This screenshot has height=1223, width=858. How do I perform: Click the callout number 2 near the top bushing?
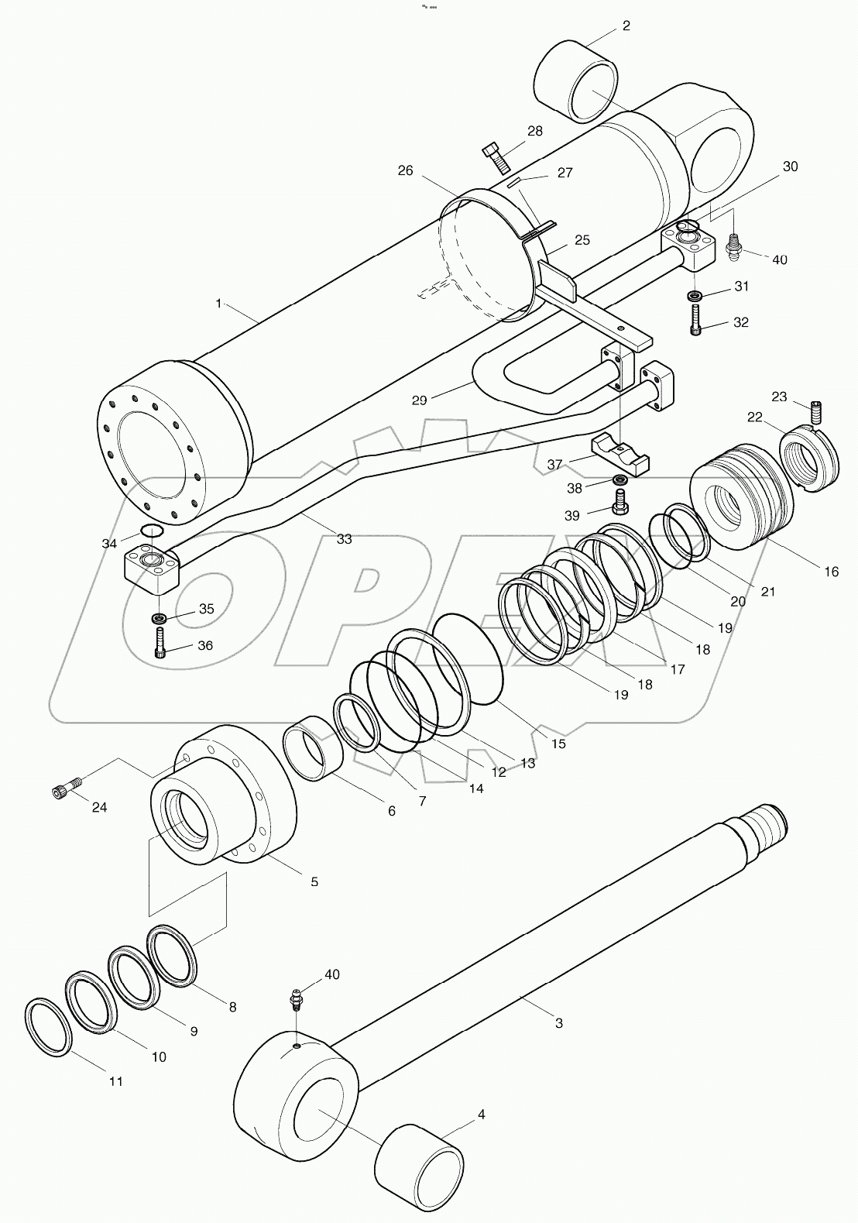pos(626,26)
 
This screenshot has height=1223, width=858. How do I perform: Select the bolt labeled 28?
pos(495,157)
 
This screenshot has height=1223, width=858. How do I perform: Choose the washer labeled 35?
pos(160,618)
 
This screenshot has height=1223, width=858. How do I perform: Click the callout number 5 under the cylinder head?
pos(314,881)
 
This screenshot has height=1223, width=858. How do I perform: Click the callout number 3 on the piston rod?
pos(559,1023)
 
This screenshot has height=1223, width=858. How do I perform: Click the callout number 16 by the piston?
pos(831,572)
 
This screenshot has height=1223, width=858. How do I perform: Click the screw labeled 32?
pos(695,319)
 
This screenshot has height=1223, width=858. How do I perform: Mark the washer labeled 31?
pos(695,295)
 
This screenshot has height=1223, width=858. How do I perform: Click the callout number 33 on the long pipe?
pos(344,538)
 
